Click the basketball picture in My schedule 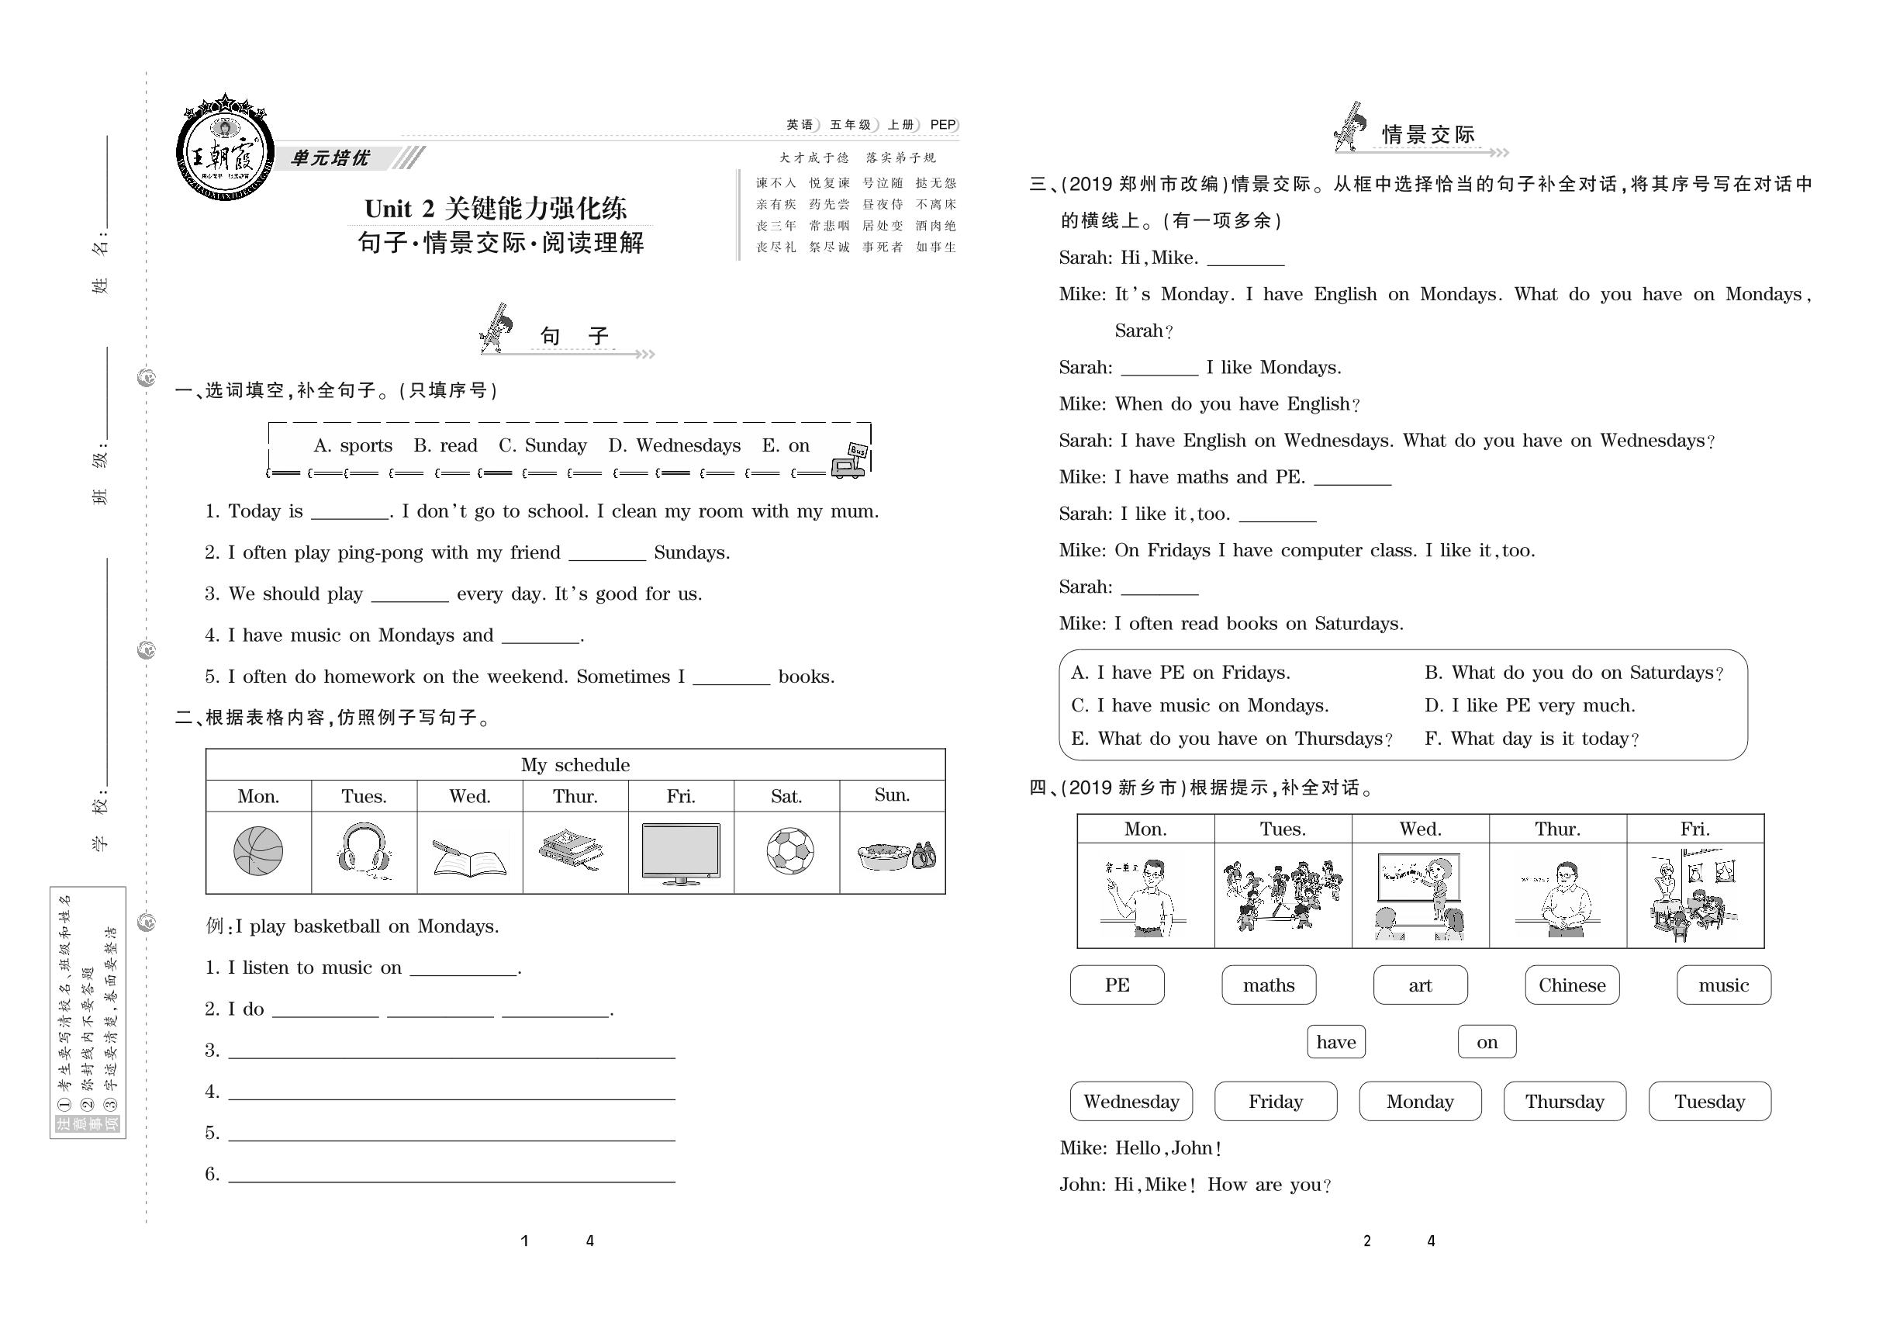coord(257,851)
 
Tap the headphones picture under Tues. coord(364,848)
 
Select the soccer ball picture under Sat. coord(789,851)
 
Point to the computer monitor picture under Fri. coord(681,853)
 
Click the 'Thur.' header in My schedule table coord(575,796)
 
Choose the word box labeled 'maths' coord(1268,985)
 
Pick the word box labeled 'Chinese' coord(1571,985)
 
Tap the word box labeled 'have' coord(1335,1042)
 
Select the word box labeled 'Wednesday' coord(1131,1102)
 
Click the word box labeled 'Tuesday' coord(1709,1102)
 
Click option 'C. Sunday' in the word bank coord(542,445)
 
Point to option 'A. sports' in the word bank coord(353,445)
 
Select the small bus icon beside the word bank coord(851,461)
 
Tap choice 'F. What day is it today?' coord(1532,739)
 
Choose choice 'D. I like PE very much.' coord(1529,706)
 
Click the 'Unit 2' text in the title coord(400,208)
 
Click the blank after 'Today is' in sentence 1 coord(350,512)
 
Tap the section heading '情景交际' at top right coord(1428,136)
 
